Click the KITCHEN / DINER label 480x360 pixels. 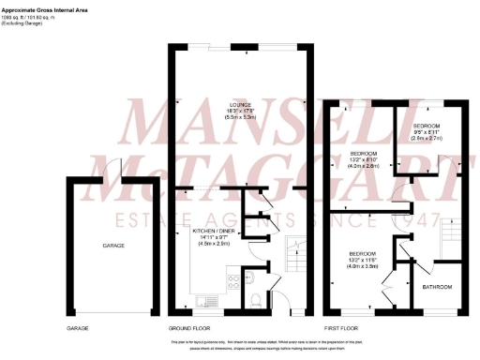point(214,230)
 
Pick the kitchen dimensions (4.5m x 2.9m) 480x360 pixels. point(214,242)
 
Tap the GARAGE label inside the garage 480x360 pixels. point(113,246)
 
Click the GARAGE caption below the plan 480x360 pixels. point(77,329)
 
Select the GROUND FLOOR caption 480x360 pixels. point(188,329)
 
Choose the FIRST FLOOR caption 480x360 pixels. point(341,329)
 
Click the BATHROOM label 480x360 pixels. point(437,286)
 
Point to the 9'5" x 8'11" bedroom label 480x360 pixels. point(428,129)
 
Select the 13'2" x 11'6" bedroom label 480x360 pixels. point(364,259)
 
